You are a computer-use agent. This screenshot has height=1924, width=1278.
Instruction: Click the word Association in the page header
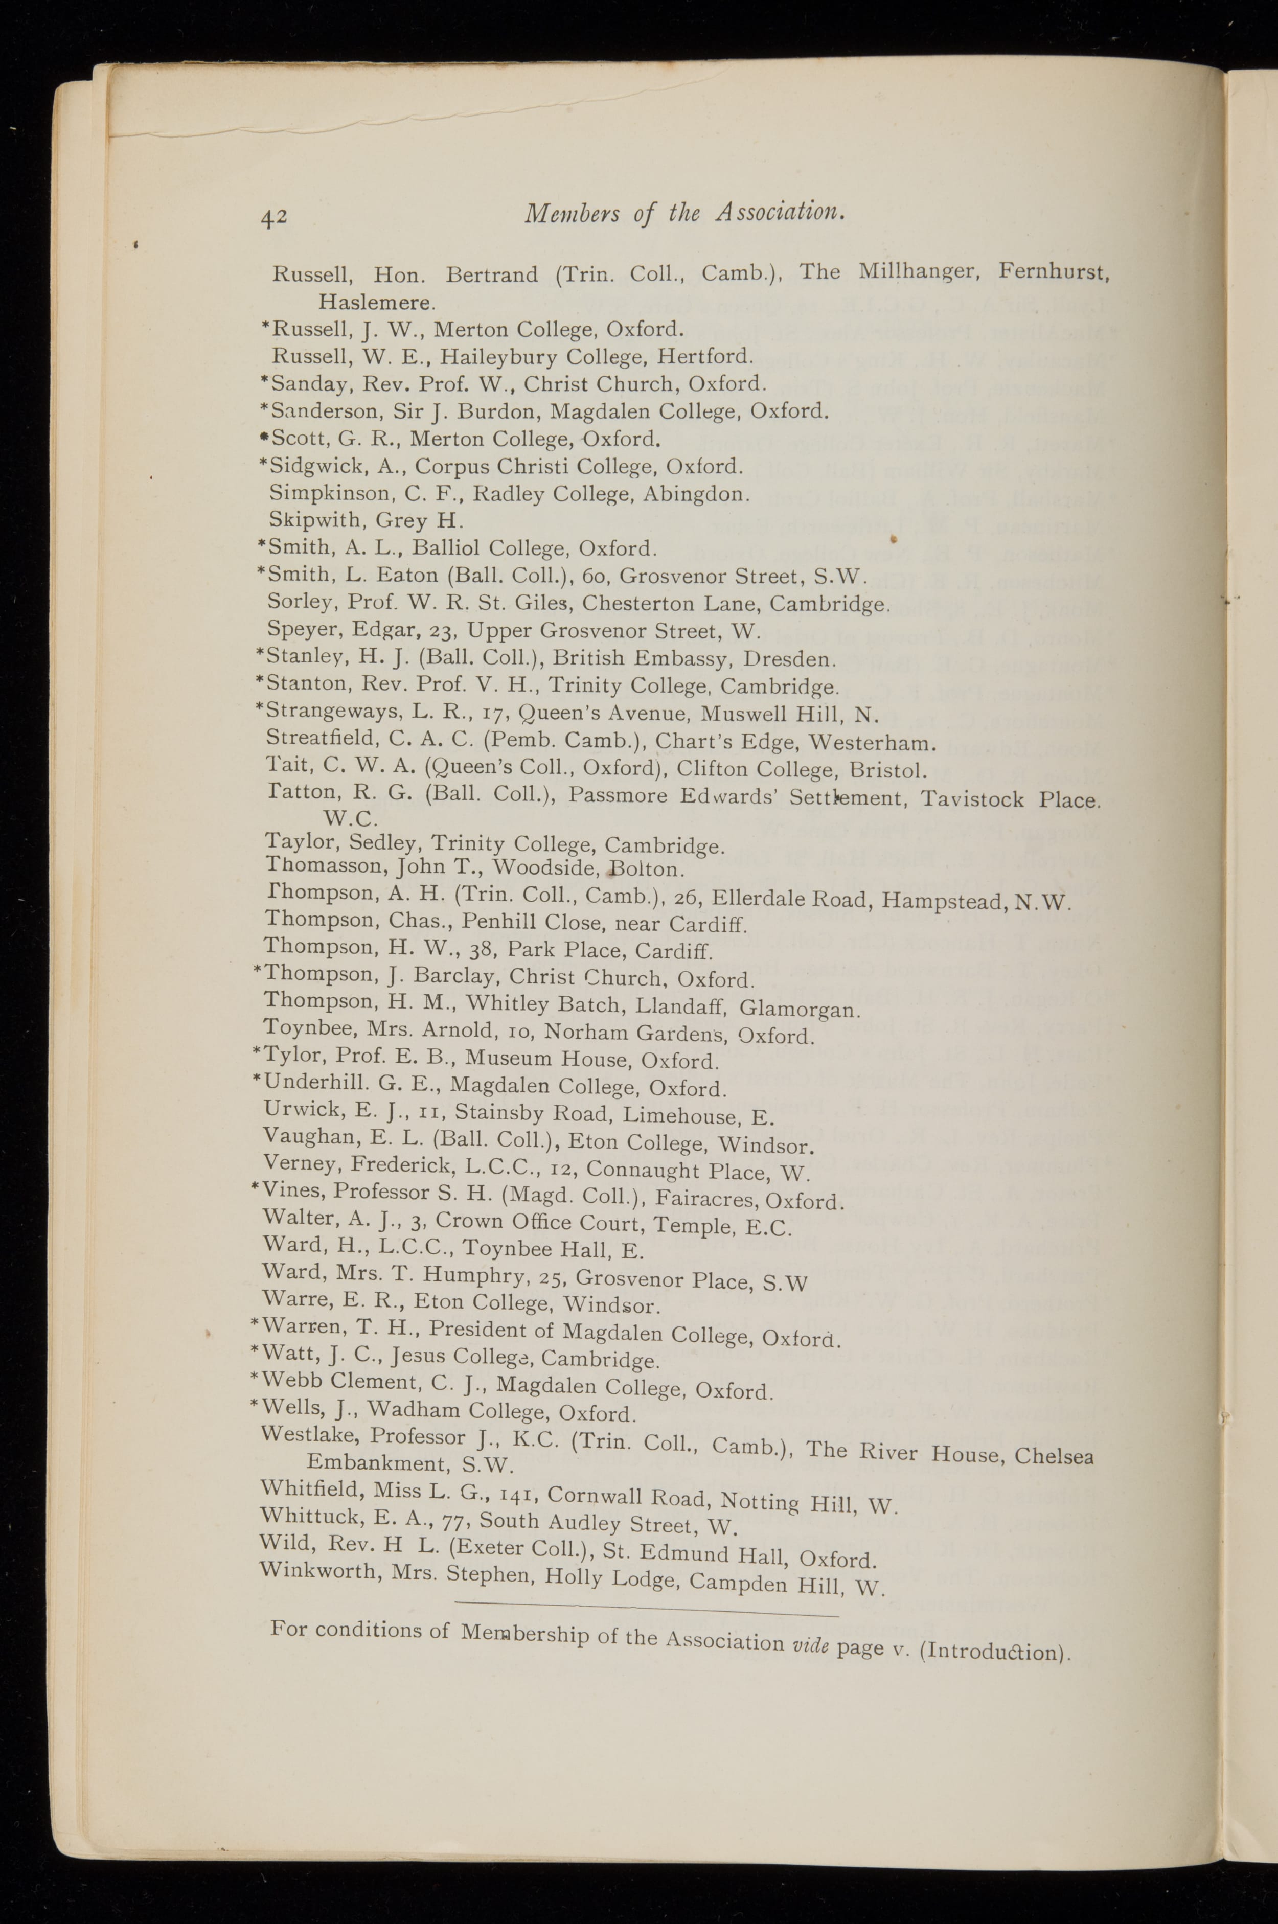coord(779,213)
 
